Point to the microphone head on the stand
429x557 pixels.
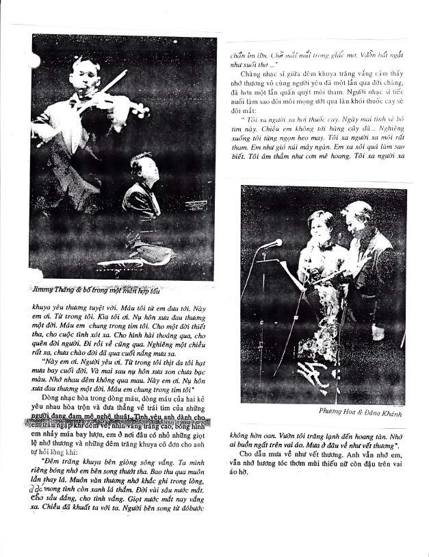click(272, 243)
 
